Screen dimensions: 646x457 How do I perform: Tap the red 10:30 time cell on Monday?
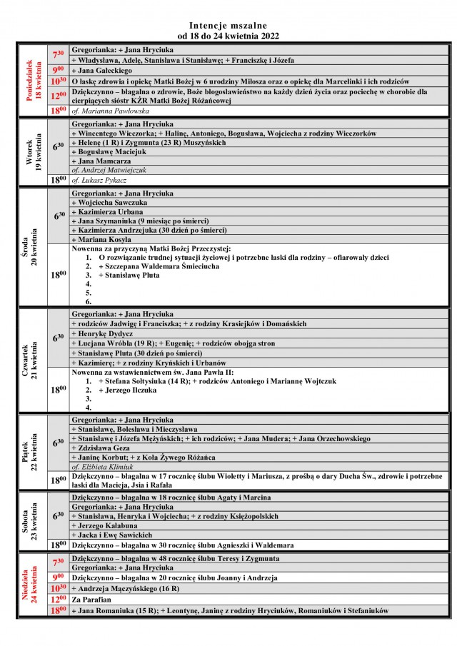tap(58, 81)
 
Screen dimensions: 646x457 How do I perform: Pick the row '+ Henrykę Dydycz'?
tap(103, 333)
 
